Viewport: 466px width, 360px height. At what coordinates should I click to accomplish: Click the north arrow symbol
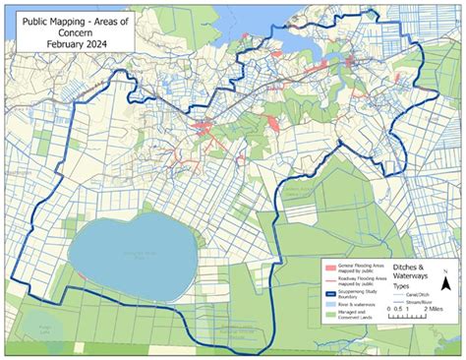pyautogui.click(x=445, y=286)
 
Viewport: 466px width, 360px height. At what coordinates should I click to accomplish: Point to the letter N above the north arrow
pyautogui.click(x=445, y=270)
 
